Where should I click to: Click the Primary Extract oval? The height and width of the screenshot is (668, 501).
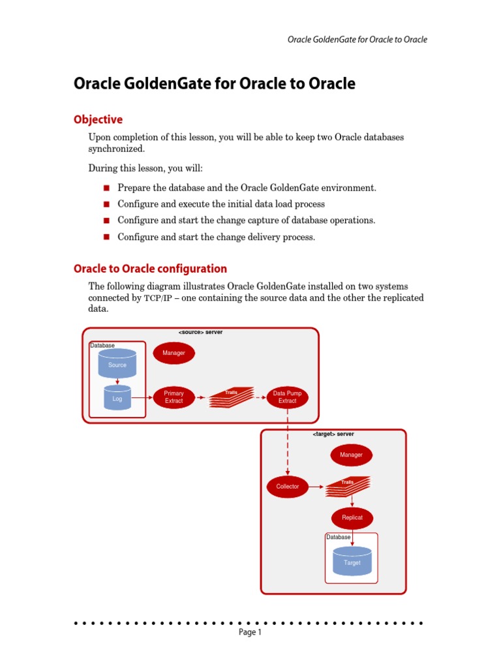click(x=174, y=397)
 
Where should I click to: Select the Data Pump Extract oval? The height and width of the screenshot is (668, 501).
click(x=288, y=397)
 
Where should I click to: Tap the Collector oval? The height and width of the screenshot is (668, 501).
click(x=288, y=487)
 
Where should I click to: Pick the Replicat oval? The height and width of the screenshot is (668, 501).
click(x=352, y=518)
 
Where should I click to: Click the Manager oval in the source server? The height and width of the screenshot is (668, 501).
click(x=174, y=353)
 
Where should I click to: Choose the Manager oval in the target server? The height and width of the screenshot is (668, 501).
click(x=352, y=455)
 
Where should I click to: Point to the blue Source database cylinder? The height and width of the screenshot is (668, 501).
click(x=117, y=363)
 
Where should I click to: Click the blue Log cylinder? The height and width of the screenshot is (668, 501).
click(x=117, y=397)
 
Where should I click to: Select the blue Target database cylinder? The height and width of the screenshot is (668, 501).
click(x=352, y=561)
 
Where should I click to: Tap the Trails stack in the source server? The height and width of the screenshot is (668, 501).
click(x=232, y=397)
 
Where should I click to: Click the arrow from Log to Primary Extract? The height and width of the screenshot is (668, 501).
click(x=142, y=397)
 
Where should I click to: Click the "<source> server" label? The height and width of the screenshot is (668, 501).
click(x=200, y=332)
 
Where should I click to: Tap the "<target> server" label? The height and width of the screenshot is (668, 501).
click(x=333, y=434)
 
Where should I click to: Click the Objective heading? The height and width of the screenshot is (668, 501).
click(x=98, y=120)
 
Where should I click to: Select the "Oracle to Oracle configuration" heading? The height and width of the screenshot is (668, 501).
click(x=150, y=269)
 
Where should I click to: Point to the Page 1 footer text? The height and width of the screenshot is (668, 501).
click(x=250, y=632)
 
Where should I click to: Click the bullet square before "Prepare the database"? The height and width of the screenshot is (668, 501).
click(x=107, y=188)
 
